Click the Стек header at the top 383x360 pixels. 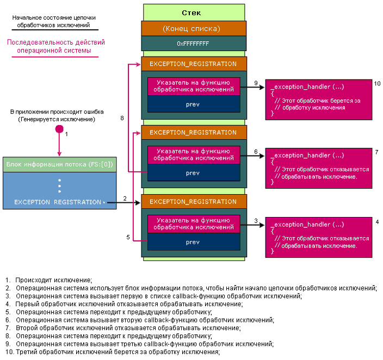(194, 12)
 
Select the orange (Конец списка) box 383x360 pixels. (194, 28)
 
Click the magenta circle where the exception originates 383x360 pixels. (59, 129)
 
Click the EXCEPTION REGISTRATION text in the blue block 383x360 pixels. (58, 202)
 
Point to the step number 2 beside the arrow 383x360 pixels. (125, 198)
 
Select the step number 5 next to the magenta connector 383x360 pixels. (128, 238)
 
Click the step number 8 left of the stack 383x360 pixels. (122, 117)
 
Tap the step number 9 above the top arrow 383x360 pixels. (256, 83)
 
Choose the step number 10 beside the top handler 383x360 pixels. (377, 83)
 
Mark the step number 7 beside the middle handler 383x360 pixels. (376, 152)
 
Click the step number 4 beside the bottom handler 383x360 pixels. (376, 222)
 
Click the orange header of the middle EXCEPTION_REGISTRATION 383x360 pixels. (193, 132)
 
